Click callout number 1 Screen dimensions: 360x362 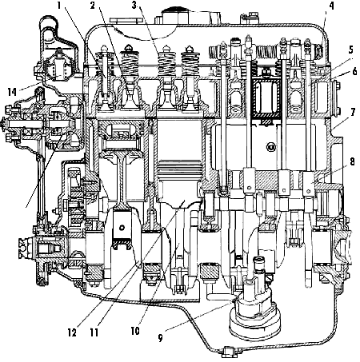pos(59,5)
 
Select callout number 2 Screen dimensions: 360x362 pos(92,5)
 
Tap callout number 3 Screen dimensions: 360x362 pos(134,5)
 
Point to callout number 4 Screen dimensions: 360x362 pos(331,6)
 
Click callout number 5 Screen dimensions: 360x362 pos(350,50)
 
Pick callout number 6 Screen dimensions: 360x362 pos(354,71)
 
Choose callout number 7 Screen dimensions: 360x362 pos(353,112)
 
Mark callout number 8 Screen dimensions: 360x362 pos(352,161)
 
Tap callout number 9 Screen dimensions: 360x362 pos(160,338)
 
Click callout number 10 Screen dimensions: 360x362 pos(135,331)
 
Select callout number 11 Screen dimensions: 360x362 pos(94,332)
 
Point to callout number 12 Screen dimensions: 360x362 pos(72,332)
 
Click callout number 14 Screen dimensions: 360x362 pos(12,92)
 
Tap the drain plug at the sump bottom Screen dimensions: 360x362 pos(228,352)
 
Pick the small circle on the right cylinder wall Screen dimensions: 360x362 pos(272,146)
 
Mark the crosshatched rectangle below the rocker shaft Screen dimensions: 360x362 pos(267,99)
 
